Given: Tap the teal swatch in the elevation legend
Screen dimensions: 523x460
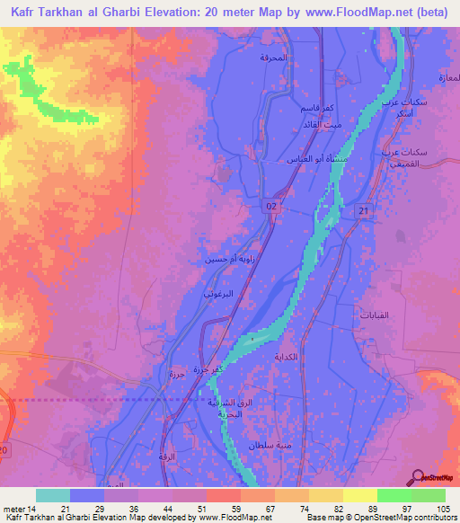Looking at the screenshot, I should pos(53,495).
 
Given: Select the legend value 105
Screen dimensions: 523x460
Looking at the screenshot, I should pos(443,510).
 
